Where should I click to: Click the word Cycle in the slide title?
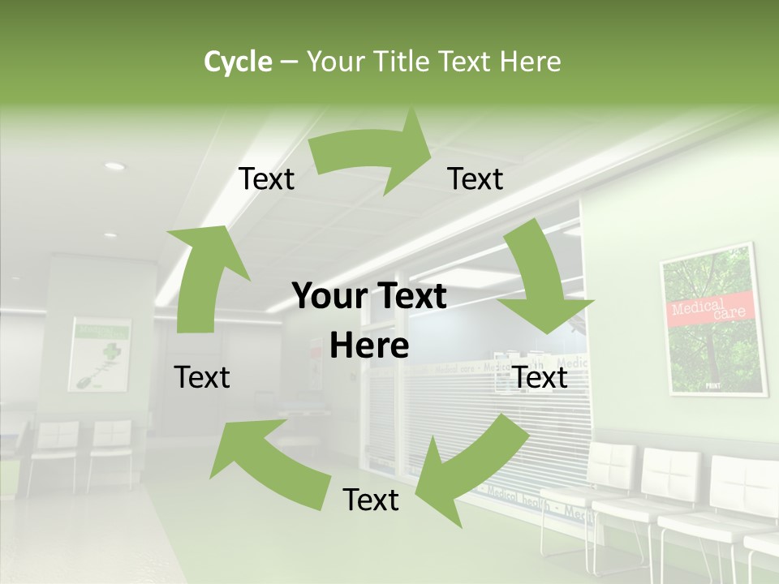[238, 62]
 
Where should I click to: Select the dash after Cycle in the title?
[288, 62]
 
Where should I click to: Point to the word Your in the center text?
[328, 297]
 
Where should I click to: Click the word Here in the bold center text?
[369, 346]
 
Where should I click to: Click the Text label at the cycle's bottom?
[371, 500]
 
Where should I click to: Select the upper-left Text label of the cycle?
[266, 178]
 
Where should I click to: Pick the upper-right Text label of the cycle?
[476, 178]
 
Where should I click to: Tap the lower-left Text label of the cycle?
[202, 377]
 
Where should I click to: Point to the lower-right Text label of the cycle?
[540, 377]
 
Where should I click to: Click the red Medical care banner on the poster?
[713, 309]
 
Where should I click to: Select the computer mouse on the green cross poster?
[85, 381]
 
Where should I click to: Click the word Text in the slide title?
[468, 62]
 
